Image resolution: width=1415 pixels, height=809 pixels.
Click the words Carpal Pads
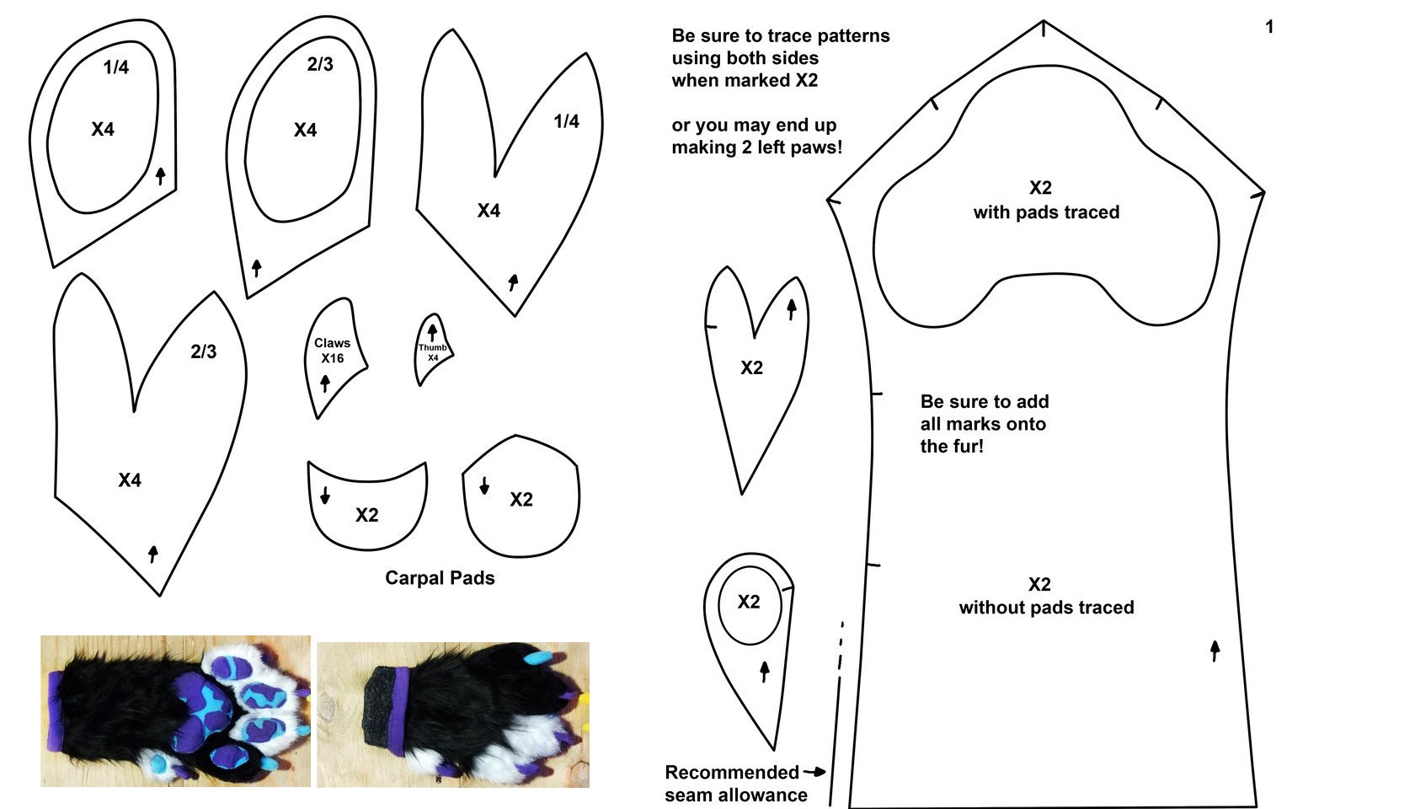click(440, 578)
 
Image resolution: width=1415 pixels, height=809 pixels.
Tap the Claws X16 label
click(332, 351)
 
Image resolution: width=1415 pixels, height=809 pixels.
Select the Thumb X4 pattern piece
click(433, 348)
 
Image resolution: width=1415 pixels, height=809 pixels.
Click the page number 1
click(1269, 27)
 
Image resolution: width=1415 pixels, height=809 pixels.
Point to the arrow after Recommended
click(814, 772)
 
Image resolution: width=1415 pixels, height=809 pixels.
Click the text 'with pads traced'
click(1046, 212)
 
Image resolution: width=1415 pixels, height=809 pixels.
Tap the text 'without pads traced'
click(1046, 608)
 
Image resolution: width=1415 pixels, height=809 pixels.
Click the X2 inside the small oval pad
click(749, 602)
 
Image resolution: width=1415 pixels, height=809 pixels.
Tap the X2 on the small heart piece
click(751, 367)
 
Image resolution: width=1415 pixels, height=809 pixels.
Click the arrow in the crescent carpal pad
click(325, 495)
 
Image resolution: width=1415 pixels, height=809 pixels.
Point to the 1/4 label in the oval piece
click(115, 67)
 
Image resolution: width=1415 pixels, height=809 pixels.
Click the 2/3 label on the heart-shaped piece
click(204, 351)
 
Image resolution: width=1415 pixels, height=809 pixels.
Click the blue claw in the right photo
click(538, 659)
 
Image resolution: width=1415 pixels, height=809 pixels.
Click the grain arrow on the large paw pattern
click(1215, 651)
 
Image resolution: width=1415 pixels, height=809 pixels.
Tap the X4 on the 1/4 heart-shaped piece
click(489, 211)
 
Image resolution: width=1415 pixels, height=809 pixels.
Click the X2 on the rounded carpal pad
click(521, 500)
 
